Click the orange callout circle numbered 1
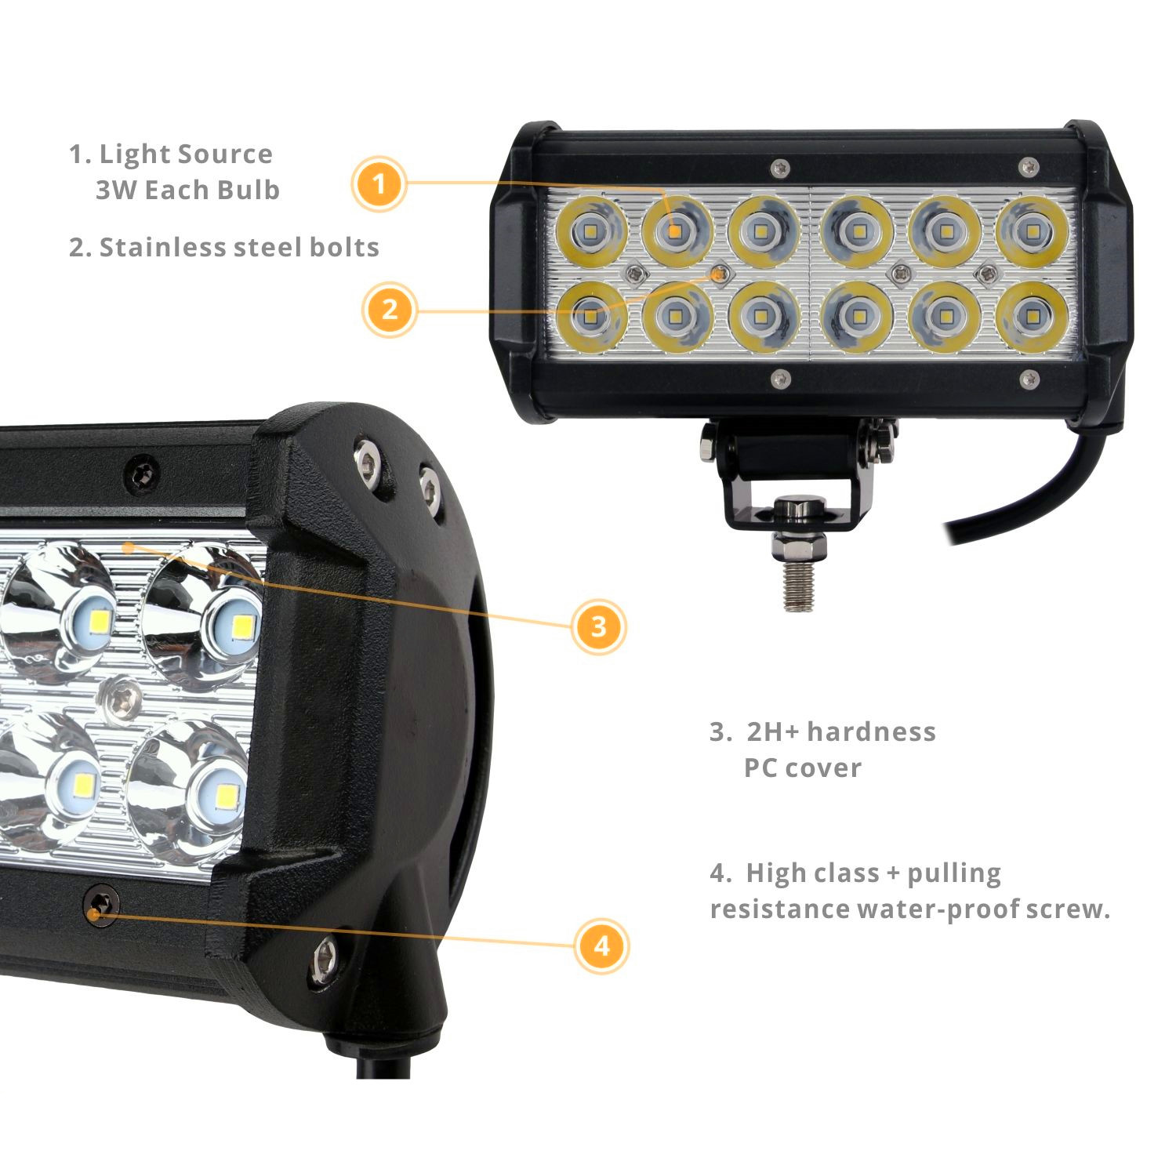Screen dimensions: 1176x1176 [379, 185]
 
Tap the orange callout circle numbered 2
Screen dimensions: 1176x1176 [390, 310]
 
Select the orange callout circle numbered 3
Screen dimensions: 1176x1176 [599, 626]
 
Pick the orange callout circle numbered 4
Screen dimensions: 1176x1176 [601, 946]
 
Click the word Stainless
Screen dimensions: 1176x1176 [162, 247]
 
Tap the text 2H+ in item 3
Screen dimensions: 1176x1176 [771, 731]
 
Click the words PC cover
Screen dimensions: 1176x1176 [802, 768]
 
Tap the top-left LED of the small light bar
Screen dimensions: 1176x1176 [590, 231]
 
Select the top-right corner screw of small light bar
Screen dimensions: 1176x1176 [1030, 166]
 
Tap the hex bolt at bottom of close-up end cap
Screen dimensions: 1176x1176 [324, 956]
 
